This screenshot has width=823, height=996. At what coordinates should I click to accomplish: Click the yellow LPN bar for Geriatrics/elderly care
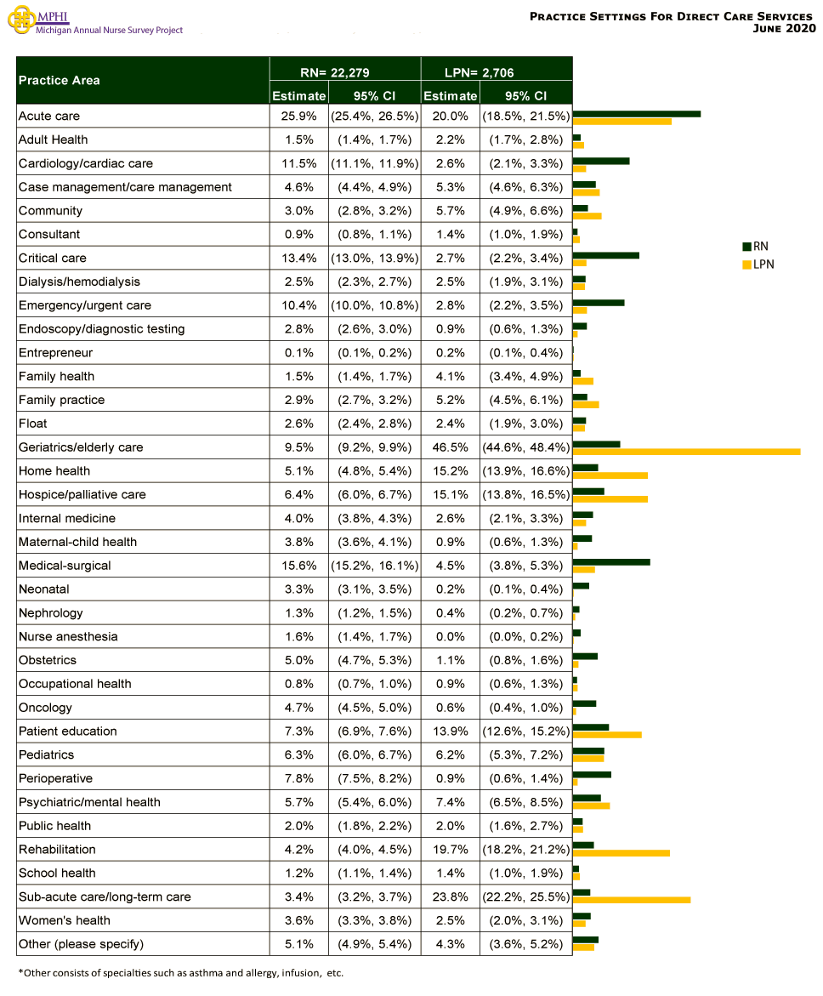click(686, 452)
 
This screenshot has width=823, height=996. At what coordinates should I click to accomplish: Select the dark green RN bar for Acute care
click(637, 113)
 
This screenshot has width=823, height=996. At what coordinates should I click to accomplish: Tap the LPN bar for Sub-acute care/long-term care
click(632, 899)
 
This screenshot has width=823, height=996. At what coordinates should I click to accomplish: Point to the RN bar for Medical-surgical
click(611, 561)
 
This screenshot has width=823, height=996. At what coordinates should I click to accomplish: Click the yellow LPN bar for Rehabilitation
click(622, 852)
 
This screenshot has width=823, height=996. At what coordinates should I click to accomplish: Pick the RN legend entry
click(756, 247)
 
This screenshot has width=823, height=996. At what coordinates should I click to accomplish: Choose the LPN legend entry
click(758, 265)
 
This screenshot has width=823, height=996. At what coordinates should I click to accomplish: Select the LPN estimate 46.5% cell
click(450, 447)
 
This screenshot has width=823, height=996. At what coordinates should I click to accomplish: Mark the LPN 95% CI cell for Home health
click(525, 471)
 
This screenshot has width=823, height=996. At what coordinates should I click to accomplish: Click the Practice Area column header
click(60, 81)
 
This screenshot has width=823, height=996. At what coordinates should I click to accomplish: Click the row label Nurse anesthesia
click(68, 636)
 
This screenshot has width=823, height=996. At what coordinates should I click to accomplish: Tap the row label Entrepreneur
click(55, 353)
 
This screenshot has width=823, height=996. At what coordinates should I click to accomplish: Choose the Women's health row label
click(65, 920)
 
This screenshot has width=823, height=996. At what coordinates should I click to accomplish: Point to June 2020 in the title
click(784, 29)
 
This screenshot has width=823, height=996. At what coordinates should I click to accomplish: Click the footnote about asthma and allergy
click(180, 972)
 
